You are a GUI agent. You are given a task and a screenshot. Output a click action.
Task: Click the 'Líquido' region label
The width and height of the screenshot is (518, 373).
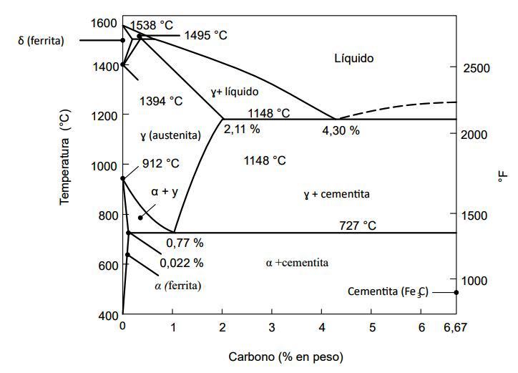pyautogui.click(x=353, y=59)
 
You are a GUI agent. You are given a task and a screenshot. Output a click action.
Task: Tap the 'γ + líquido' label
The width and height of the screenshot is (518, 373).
pyautogui.click(x=235, y=92)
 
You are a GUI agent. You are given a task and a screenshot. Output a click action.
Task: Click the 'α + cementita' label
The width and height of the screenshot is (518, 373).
pyautogui.click(x=297, y=263)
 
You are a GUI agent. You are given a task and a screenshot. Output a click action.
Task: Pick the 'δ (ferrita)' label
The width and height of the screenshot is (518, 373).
pyautogui.click(x=41, y=41)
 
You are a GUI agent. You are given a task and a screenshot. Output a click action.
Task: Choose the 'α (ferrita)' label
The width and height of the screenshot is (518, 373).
pyautogui.click(x=177, y=286)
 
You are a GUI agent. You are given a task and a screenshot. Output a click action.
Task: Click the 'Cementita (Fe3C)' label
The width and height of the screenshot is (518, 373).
pyautogui.click(x=387, y=291)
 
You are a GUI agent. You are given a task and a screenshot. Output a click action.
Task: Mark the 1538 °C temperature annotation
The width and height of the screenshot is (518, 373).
pyautogui.click(x=152, y=25)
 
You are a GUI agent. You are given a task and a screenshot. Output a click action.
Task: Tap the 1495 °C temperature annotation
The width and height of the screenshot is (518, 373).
pyautogui.click(x=207, y=34)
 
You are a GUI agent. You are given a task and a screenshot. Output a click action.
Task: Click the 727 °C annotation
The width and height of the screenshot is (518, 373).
pyautogui.click(x=358, y=226)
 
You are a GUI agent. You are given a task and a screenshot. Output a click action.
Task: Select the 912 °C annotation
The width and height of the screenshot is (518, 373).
pyautogui.click(x=160, y=163)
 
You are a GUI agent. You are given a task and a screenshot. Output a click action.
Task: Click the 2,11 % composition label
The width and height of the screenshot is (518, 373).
pyautogui.click(x=241, y=130)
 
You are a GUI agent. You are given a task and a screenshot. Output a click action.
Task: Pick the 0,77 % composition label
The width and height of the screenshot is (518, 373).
pyautogui.click(x=185, y=243)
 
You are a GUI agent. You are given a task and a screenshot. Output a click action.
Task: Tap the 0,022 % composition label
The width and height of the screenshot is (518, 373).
pyautogui.click(x=182, y=262)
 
